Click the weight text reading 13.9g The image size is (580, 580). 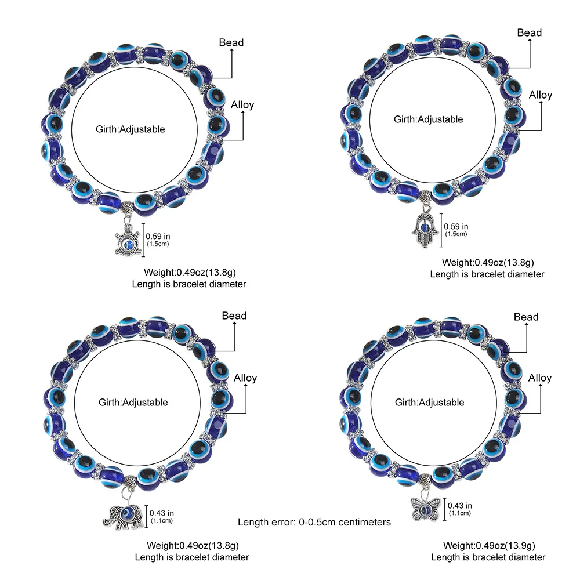pyautogui.click(x=489, y=545)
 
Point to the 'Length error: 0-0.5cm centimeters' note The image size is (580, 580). pyautogui.click(x=314, y=522)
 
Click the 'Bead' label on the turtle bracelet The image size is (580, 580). pyautogui.click(x=231, y=42)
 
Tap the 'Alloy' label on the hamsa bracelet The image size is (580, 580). pyautogui.click(x=541, y=95)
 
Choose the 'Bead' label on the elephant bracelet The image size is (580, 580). pyautogui.click(x=234, y=316)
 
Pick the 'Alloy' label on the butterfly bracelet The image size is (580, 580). pyautogui.click(x=539, y=378)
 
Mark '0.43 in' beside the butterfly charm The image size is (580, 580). pyautogui.click(x=461, y=506)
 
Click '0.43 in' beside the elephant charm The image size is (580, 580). pyautogui.click(x=162, y=513)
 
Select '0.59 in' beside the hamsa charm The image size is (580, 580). pyautogui.click(x=456, y=227)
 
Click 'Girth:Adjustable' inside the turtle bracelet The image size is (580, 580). pyautogui.click(x=130, y=129)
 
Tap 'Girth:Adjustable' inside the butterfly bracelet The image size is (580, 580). pyautogui.click(x=430, y=402)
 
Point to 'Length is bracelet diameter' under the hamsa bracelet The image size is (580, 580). pyautogui.click(x=487, y=274)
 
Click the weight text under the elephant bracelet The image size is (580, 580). pyautogui.click(x=192, y=545)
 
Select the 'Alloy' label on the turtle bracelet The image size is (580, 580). pyautogui.click(x=242, y=105)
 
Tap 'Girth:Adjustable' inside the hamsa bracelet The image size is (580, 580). pyautogui.click(x=429, y=119)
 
